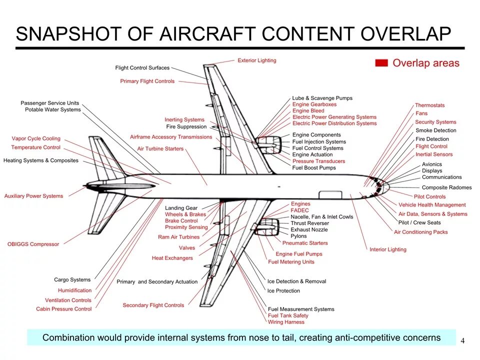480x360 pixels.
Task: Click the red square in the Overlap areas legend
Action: (381, 63)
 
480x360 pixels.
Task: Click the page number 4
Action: (462, 341)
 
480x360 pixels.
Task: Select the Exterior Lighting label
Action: (256, 60)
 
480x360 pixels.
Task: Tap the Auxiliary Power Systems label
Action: (33, 196)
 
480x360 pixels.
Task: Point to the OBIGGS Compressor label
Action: (33, 244)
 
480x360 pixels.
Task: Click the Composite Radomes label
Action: (446, 187)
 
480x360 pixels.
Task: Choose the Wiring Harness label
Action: (286, 322)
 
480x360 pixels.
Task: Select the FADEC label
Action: (300, 210)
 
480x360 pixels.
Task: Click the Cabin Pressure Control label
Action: (63, 309)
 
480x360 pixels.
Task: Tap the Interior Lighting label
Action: (387, 249)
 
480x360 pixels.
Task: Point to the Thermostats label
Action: (429, 105)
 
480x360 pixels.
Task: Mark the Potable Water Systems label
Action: (52, 109)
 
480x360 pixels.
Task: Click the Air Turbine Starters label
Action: (160, 149)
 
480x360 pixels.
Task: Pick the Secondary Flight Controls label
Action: (153, 305)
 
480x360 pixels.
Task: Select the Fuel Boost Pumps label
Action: (314, 168)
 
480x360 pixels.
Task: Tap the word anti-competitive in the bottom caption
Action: (370, 337)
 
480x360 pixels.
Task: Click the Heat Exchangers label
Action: (172, 258)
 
